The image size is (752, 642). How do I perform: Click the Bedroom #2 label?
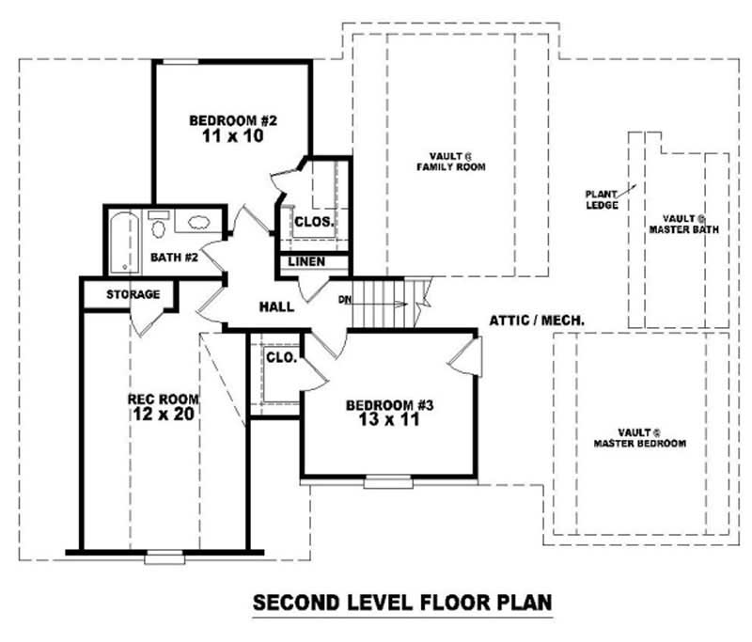tap(231, 120)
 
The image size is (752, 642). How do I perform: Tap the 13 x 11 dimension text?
tap(388, 420)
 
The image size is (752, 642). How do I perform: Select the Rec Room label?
tap(163, 399)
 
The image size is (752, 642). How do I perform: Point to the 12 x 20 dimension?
tap(163, 415)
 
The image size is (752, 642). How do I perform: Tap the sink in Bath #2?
tap(199, 224)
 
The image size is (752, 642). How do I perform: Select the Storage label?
tap(133, 294)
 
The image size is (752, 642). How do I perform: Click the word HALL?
tap(276, 306)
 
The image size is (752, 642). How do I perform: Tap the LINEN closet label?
tap(307, 261)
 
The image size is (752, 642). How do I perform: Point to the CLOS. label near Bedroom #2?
tap(313, 223)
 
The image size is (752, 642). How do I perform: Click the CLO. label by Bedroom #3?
tap(281, 358)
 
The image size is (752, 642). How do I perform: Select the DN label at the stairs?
tap(345, 300)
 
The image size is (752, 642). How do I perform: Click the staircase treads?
tap(381, 303)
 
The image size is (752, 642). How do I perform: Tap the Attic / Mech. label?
tap(537, 321)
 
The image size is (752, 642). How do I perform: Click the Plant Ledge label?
tap(602, 199)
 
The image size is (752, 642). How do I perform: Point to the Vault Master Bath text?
tap(683, 223)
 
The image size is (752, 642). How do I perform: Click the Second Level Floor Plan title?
tap(401, 602)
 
